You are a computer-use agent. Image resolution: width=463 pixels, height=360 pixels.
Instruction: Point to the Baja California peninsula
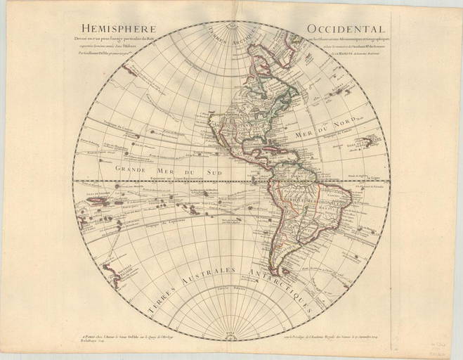[215, 131]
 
